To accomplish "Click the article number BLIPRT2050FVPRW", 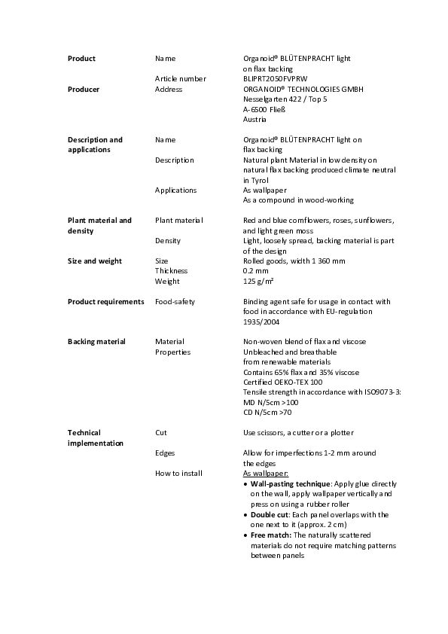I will (x=276, y=78).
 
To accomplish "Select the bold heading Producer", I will (x=84, y=89).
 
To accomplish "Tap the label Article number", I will (x=181, y=78).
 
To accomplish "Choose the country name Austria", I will (x=254, y=119).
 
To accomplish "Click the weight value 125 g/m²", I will (x=258, y=281).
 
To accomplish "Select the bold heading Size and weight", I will (x=94, y=261).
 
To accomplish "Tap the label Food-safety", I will (x=175, y=301).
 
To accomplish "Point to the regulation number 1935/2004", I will (x=261, y=322).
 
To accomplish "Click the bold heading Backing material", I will (x=96, y=341).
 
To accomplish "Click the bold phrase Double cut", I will (x=270, y=515).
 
